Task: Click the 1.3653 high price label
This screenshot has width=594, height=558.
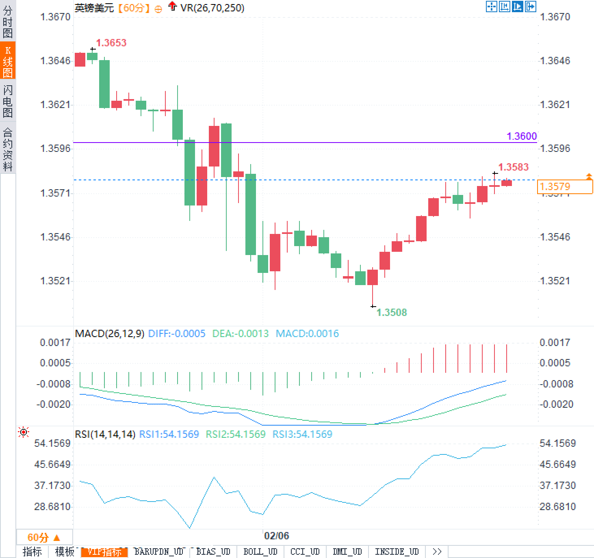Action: pos(111,43)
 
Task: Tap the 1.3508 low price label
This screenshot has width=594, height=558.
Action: pos(391,312)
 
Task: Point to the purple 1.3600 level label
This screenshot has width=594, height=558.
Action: pos(522,136)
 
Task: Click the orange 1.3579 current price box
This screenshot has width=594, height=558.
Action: pos(564,187)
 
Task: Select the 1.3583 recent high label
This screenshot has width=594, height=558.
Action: pos(513,167)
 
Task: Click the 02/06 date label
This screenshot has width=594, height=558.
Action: pos(276,536)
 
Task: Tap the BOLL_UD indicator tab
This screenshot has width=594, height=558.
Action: pos(260,552)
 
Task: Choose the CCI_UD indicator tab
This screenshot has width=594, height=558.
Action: pos(305,552)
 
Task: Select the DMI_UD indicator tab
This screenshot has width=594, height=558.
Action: pos(347,552)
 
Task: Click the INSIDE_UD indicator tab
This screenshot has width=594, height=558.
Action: pos(397,552)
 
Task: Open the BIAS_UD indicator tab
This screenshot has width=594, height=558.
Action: pos(213,552)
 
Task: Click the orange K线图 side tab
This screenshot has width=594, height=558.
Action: pos(8,61)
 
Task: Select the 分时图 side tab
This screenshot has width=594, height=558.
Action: pos(8,22)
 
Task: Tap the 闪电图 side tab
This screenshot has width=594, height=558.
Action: pos(8,101)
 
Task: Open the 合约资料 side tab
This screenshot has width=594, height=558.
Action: pos(8,149)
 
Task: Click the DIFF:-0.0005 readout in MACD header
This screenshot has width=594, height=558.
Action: pos(177,334)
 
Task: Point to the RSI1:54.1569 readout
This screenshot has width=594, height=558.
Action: pos(169,434)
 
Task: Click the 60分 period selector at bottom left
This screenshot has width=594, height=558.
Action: pos(44,538)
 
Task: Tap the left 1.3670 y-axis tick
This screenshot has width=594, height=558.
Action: pos(55,17)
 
